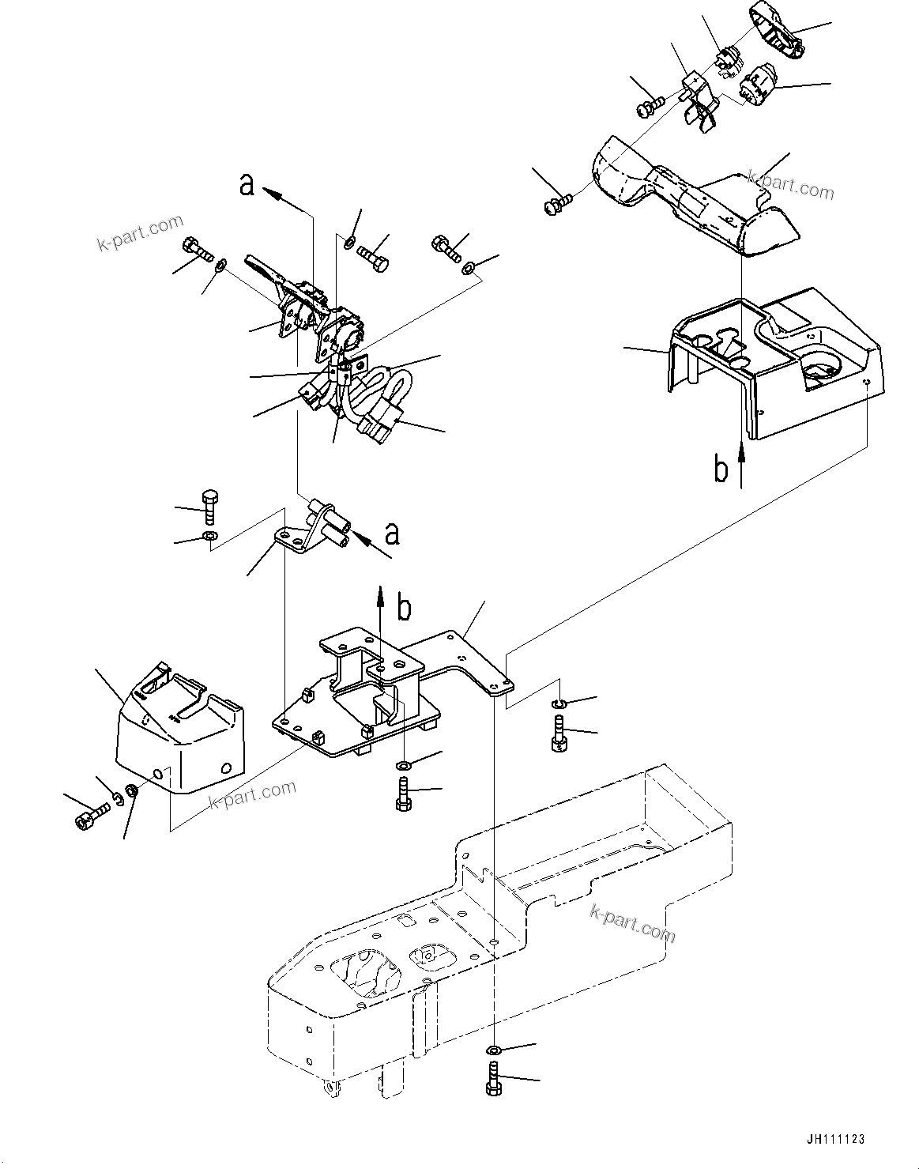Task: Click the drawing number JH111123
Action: [835, 1139]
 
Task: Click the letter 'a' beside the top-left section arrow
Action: [247, 186]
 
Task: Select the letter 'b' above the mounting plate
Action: [404, 608]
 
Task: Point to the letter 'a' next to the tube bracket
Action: [391, 534]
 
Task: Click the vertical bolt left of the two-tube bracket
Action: [209, 506]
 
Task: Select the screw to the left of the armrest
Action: [556, 206]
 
